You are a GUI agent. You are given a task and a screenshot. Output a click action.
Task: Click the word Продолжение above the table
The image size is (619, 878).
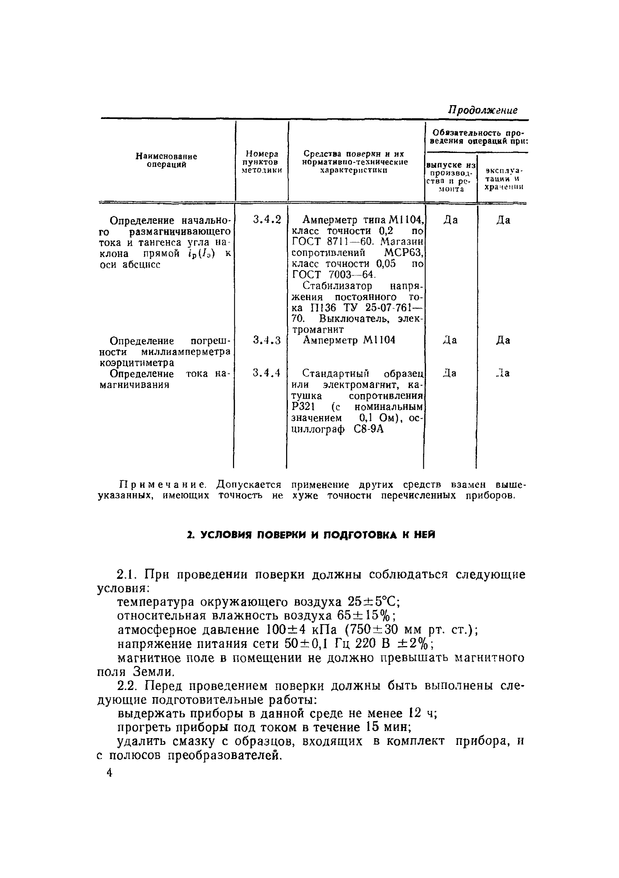482,110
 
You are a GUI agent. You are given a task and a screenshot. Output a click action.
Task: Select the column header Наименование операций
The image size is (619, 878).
166,161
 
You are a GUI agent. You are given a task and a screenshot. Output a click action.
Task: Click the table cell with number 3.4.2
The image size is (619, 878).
267,220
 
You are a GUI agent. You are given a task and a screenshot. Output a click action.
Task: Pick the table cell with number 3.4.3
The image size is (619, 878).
267,340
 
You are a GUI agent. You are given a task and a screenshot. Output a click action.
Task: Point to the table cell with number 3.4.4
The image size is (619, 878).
267,373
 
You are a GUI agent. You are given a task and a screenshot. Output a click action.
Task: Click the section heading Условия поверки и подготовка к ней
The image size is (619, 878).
311,535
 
